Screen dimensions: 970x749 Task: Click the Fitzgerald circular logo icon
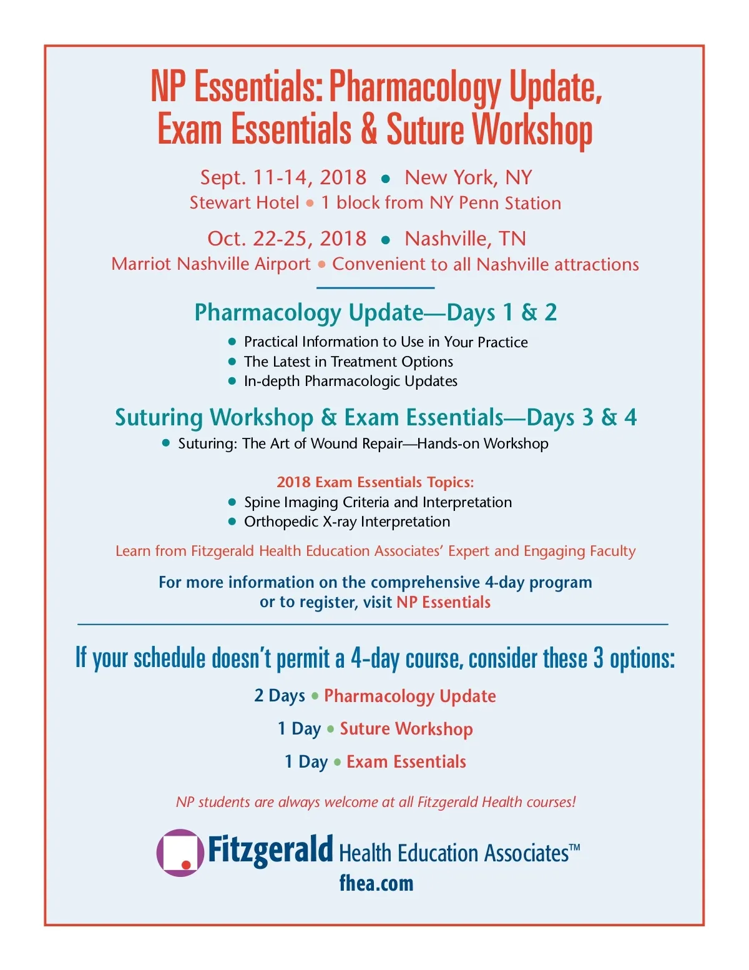[180, 853]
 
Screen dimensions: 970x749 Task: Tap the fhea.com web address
[376, 883]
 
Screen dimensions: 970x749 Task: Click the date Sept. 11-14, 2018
[283, 177]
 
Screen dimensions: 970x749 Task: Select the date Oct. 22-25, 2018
[287, 239]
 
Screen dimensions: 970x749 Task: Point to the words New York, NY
[468, 177]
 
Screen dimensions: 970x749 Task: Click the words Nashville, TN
[465, 239]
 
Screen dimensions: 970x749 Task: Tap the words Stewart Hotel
[245, 203]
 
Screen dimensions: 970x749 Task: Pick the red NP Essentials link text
[443, 602]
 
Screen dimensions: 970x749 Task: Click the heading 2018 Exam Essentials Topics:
[375, 482]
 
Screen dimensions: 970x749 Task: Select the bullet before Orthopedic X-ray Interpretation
[232, 522]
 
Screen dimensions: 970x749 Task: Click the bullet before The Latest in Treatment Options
[232, 362]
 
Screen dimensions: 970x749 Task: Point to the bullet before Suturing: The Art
[166, 443]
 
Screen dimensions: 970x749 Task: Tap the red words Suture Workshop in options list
[406, 729]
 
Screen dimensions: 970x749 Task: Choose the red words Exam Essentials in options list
[406, 762]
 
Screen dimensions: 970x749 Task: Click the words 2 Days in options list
[280, 696]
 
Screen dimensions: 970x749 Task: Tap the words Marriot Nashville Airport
[211, 264]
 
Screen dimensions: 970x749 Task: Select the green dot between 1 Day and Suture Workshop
[331, 729]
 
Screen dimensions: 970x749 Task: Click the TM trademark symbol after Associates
[575, 848]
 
